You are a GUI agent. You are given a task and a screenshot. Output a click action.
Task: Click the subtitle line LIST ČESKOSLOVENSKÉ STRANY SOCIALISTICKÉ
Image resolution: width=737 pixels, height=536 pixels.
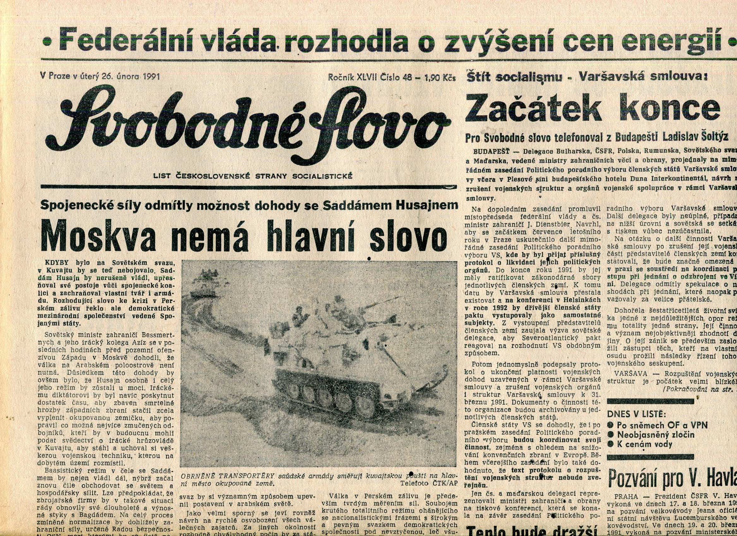point(253,176)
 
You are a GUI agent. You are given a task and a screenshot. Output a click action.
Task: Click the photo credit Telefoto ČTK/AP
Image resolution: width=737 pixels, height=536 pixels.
point(429,483)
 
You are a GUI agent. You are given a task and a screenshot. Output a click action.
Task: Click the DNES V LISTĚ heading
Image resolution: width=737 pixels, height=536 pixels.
point(636,414)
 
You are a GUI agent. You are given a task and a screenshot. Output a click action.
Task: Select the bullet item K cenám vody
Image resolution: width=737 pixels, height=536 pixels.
point(645,444)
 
